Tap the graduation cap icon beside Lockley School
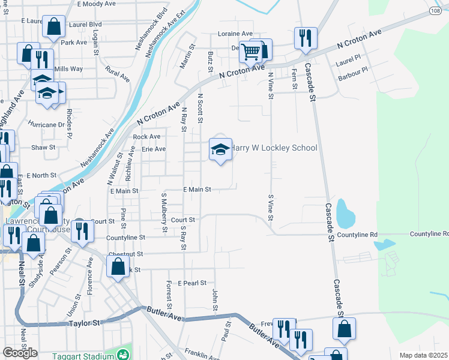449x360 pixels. (x=220, y=148)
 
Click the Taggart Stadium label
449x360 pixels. (x=77, y=353)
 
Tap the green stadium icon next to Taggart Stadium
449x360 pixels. (x=123, y=353)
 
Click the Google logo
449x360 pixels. (x=20, y=353)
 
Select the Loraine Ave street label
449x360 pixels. (x=235, y=34)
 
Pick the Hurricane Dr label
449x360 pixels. (x=46, y=125)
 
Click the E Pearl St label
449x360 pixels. (x=192, y=282)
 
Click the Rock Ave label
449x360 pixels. (x=147, y=137)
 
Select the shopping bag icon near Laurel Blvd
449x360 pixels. (x=53, y=27)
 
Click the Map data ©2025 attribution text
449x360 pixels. (x=424, y=355)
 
